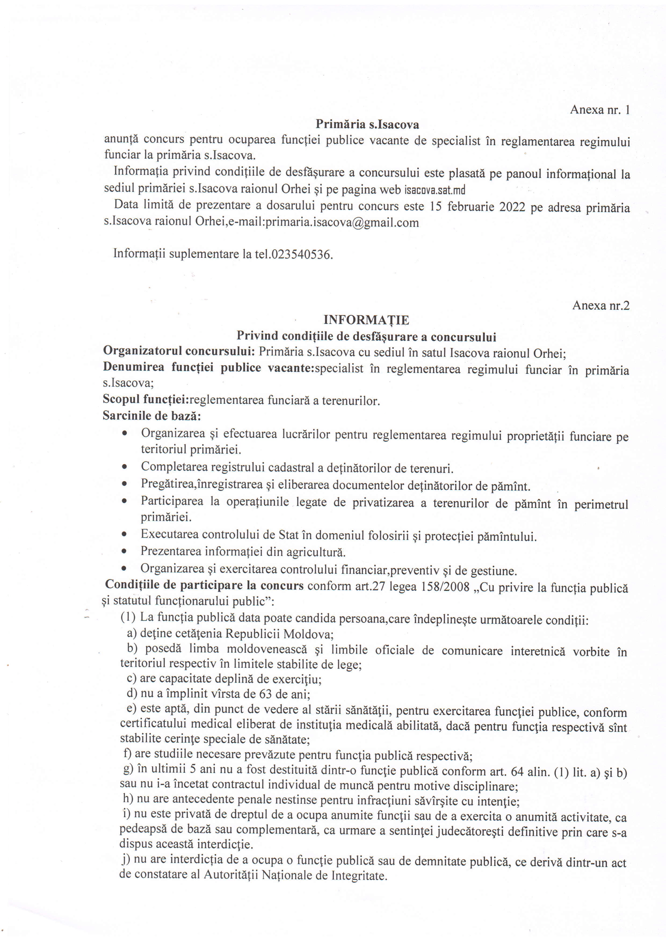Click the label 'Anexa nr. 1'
click(x=600, y=110)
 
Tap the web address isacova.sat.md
click(x=435, y=190)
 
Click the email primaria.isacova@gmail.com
click(x=342, y=223)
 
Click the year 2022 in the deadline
click(x=512, y=207)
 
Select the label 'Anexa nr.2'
click(x=601, y=306)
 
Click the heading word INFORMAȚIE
click(x=366, y=320)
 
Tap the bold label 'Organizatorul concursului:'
click(x=180, y=352)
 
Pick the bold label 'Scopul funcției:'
click(x=146, y=399)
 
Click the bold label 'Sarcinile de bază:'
click(x=152, y=416)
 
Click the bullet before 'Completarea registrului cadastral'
click(x=124, y=468)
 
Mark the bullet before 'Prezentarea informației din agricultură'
click(x=124, y=552)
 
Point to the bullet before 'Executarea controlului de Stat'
click(x=124, y=535)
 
